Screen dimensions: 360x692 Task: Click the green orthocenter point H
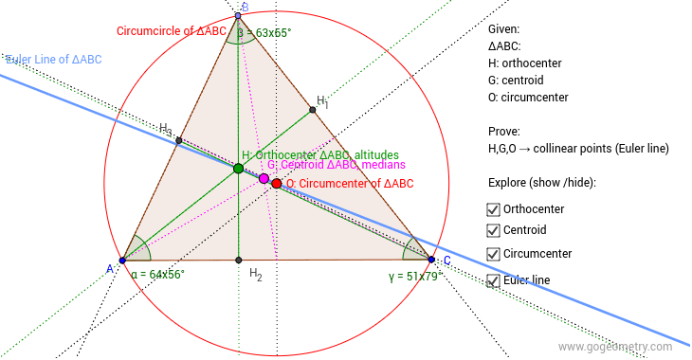[x=238, y=169]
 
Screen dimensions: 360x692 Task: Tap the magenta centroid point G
[x=264, y=178]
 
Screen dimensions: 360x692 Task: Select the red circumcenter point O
[x=276, y=183]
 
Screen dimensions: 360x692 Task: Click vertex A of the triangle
[x=122, y=260]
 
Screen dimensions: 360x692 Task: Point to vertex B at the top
[x=238, y=16]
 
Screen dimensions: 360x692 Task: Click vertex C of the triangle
[x=431, y=259]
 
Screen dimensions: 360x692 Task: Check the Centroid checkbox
[x=493, y=230]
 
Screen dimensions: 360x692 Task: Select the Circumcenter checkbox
[x=493, y=254]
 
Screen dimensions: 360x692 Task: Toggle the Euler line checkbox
[x=493, y=280]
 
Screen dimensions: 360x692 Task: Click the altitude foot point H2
[x=238, y=260]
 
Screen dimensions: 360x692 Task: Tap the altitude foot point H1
[x=313, y=112]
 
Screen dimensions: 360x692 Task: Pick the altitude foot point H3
[x=178, y=140]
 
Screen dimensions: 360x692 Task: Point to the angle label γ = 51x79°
[x=414, y=277]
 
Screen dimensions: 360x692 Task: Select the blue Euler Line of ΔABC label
[x=53, y=60]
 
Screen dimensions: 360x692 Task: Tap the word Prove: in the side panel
[x=507, y=132]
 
